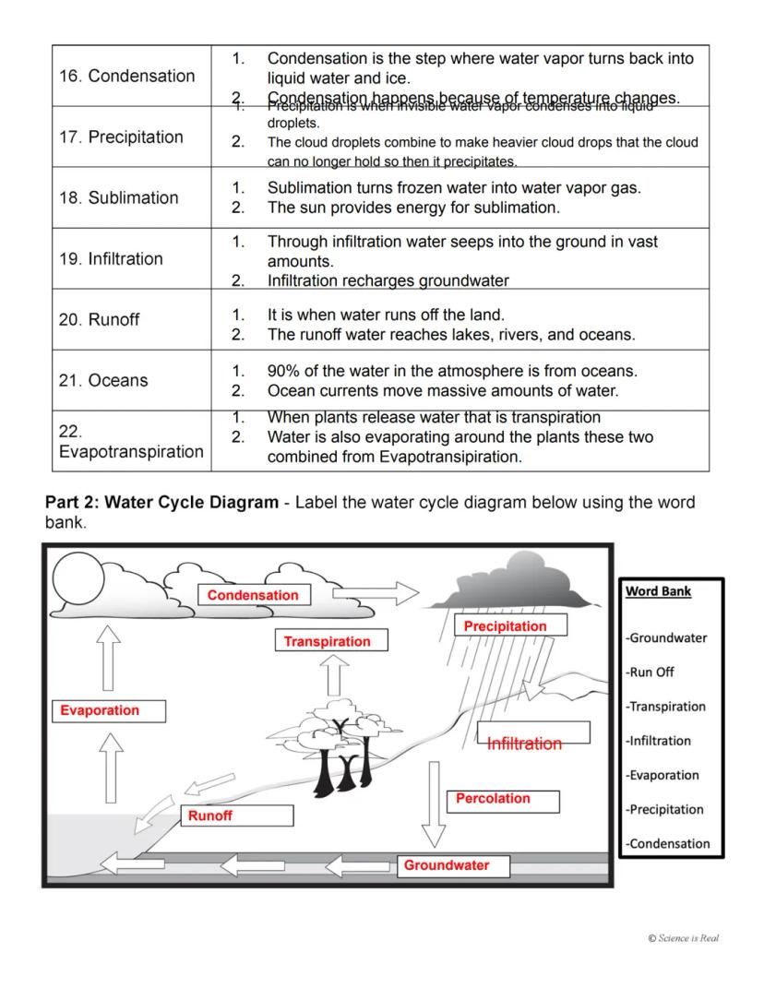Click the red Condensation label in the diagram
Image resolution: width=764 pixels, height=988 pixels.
(253, 596)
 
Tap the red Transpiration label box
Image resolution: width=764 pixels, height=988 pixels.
(328, 641)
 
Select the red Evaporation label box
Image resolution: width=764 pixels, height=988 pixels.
(100, 710)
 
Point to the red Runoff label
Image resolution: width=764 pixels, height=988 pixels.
(210, 815)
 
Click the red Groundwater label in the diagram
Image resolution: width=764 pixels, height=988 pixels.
(447, 865)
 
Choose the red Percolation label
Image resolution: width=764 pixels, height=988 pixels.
(494, 799)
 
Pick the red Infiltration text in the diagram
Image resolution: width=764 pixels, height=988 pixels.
(524, 744)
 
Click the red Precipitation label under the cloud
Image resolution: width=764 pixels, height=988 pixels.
(506, 626)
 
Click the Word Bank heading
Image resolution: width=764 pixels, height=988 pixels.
(658, 591)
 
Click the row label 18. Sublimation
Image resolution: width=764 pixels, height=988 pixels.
(119, 197)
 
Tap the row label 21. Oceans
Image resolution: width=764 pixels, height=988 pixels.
(103, 380)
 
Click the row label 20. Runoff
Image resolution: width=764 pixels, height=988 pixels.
(100, 319)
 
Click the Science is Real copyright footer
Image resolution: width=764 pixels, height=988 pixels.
(683, 938)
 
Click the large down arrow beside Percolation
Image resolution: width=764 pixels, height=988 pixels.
(433, 803)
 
